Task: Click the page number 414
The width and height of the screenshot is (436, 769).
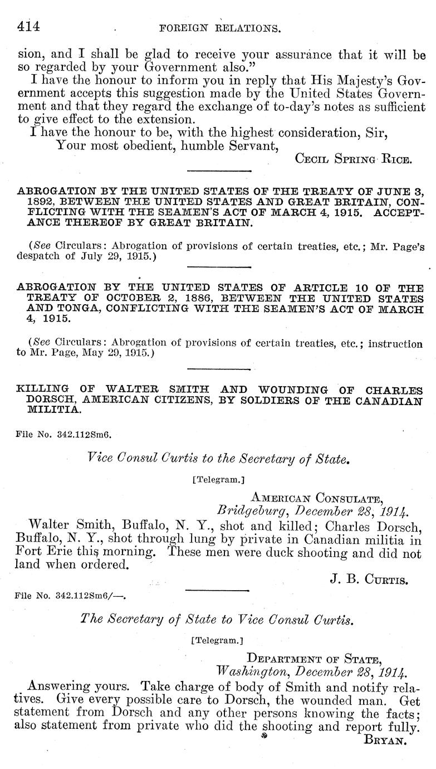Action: pyautogui.click(x=27, y=26)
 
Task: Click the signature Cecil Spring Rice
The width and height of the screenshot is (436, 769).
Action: pyautogui.click(x=353, y=159)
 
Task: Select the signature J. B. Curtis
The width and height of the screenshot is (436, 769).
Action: pyautogui.click(x=369, y=580)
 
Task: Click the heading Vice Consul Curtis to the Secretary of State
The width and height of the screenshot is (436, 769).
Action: pyautogui.click(x=218, y=459)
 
